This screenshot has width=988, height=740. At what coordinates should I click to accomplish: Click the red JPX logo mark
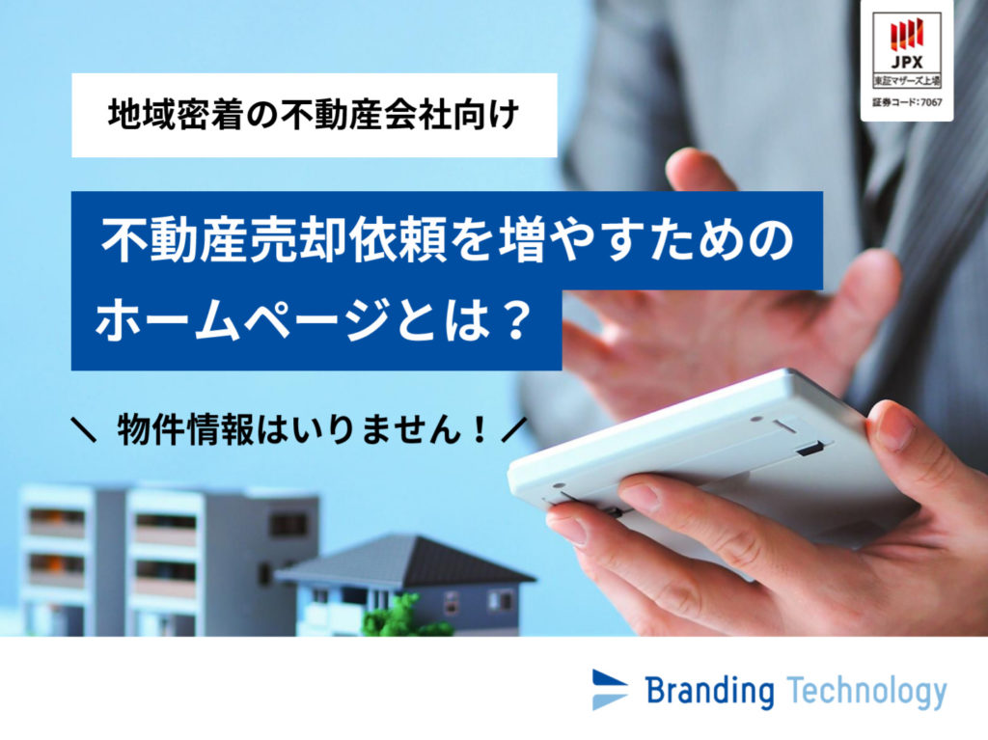tap(907, 35)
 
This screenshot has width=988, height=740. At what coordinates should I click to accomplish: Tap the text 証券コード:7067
tap(907, 102)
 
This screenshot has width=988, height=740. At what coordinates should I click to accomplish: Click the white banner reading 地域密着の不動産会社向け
tap(314, 116)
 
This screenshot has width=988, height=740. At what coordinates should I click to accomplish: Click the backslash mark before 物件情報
tap(84, 431)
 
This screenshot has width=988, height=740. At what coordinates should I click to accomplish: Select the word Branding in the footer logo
tap(711, 692)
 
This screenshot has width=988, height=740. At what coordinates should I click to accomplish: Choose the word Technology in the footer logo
tap(867, 692)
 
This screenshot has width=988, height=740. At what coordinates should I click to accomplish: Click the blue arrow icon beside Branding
tap(610, 690)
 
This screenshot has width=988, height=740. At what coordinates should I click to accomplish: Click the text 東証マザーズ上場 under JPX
tap(907, 81)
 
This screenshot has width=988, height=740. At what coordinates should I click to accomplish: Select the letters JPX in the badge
tap(907, 62)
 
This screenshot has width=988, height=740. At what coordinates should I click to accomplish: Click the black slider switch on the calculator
tap(810, 450)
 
